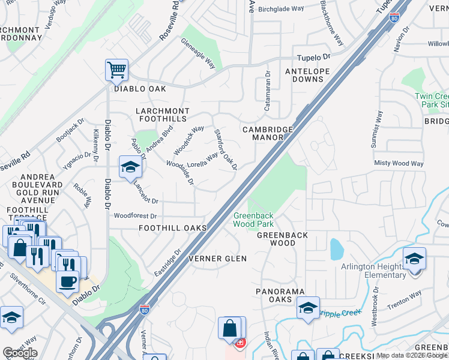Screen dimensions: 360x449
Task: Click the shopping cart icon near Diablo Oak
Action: click(x=116, y=70)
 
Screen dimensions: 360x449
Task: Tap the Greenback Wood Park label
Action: click(x=253, y=220)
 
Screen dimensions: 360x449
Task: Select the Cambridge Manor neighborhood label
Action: click(x=268, y=133)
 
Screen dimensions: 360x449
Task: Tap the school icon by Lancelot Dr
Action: click(x=130, y=168)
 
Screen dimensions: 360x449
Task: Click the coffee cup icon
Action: click(x=68, y=281)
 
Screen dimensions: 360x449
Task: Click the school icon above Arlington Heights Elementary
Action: click(x=414, y=259)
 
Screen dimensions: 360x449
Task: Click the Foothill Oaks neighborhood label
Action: click(x=173, y=228)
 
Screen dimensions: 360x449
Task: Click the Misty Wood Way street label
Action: click(x=399, y=163)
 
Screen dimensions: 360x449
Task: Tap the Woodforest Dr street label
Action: click(x=135, y=215)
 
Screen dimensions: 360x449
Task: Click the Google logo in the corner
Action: click(x=20, y=353)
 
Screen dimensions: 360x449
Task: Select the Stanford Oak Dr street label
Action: click(x=226, y=149)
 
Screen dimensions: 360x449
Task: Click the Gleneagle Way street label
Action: click(x=198, y=53)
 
